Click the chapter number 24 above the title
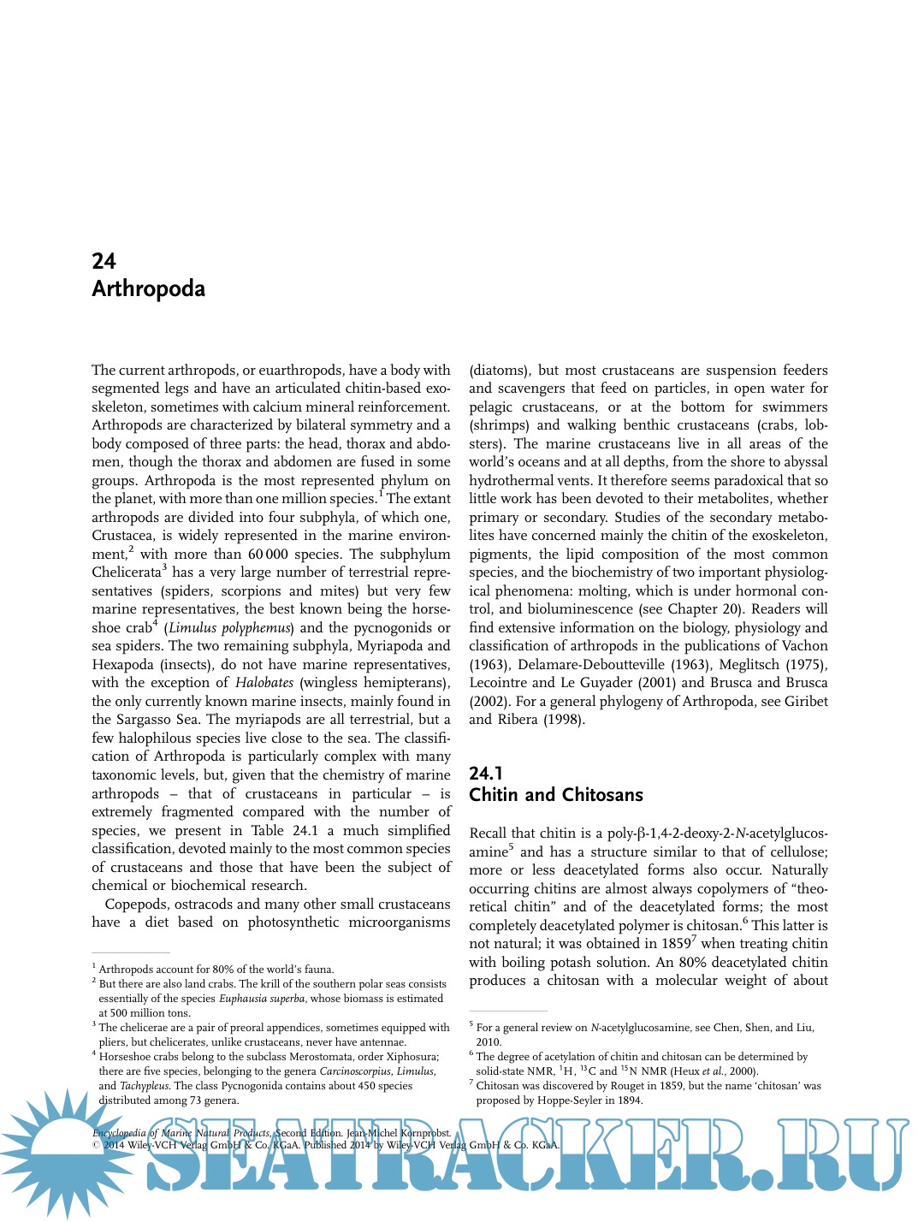104,261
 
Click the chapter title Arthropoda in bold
148,288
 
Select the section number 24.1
486,773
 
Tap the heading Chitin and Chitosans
555,795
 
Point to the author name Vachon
805,646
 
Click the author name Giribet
806,701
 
